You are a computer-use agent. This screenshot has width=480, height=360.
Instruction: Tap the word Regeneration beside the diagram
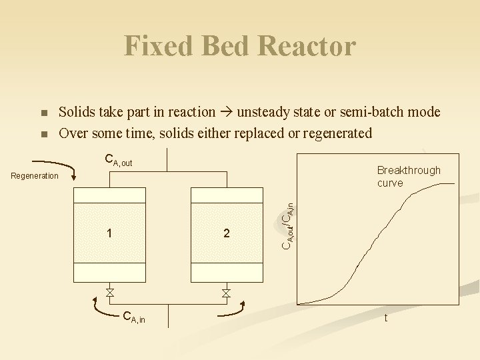coord(35,176)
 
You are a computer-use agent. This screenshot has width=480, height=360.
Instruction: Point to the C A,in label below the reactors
coord(134,318)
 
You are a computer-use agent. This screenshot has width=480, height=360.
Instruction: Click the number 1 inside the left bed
coord(109,233)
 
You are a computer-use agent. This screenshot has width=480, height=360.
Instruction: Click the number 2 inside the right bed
coord(227,233)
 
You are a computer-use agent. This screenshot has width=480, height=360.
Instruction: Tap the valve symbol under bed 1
coord(109,293)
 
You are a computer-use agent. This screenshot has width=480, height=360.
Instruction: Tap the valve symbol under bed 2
coord(227,293)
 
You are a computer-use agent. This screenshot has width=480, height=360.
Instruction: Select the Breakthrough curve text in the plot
coord(408,176)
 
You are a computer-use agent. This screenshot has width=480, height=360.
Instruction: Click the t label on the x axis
coord(385,318)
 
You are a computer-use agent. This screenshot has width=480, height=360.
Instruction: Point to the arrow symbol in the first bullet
coord(226,113)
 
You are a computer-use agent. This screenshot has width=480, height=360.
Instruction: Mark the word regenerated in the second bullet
coord(337,133)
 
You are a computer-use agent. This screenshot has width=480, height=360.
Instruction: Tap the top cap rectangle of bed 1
coord(109,195)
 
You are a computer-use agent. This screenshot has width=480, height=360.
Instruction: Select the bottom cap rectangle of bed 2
coord(227,272)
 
